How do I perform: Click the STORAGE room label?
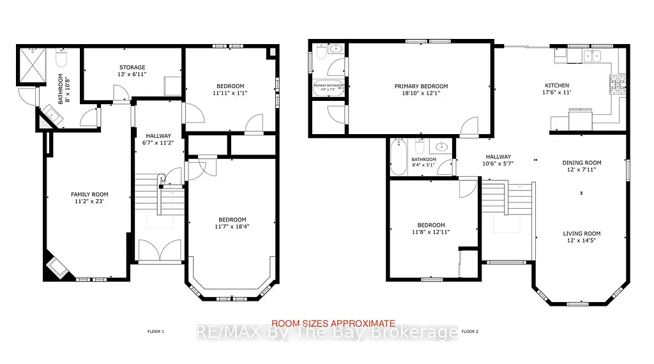(x=132, y=67)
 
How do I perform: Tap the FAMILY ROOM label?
(x=89, y=194)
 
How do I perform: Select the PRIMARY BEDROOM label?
(x=421, y=86)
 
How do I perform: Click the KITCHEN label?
(x=556, y=86)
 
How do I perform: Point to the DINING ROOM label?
(x=581, y=163)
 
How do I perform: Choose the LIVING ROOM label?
(x=581, y=234)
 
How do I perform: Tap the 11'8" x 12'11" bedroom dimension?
(x=431, y=233)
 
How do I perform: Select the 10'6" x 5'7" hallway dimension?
(x=498, y=164)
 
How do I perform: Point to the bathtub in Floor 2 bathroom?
(x=398, y=158)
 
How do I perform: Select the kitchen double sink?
(x=593, y=56)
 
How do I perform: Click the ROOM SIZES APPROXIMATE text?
(x=333, y=323)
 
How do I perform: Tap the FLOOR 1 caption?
(x=155, y=331)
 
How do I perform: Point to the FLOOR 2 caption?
(x=469, y=331)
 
